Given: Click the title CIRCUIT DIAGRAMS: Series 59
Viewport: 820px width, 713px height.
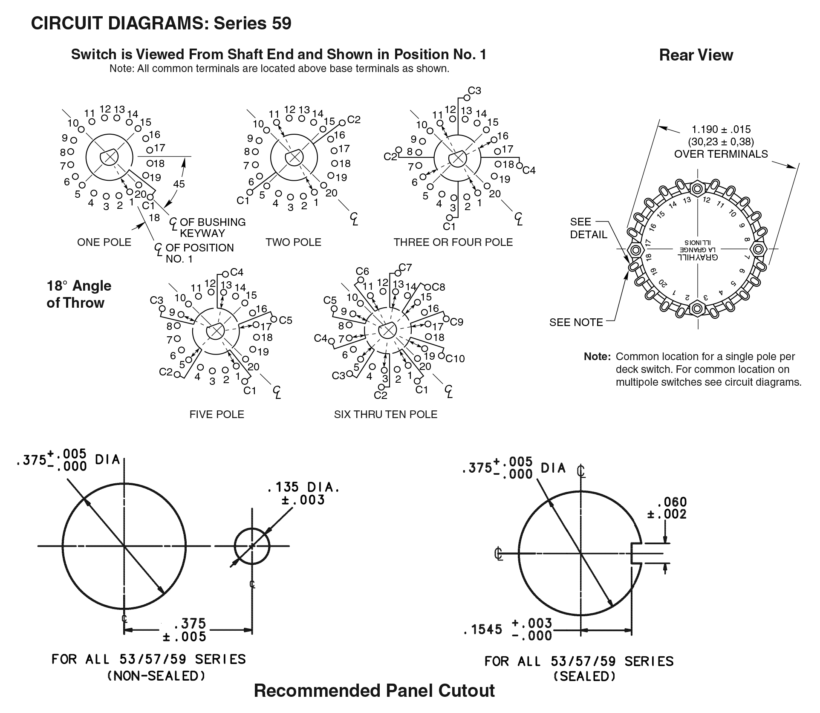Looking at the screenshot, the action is [x=161, y=23].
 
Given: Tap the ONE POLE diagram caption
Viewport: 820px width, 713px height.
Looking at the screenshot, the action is [x=104, y=242].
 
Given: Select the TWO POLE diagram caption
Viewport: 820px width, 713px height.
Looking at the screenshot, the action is [x=293, y=242].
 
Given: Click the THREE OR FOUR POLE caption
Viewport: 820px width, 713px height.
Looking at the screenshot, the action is [x=453, y=242].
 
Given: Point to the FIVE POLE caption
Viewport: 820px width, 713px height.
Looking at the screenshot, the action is [x=217, y=414].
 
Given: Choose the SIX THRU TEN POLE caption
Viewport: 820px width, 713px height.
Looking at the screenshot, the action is [x=386, y=414].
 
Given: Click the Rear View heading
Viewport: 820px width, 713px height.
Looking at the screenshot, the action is [x=696, y=55].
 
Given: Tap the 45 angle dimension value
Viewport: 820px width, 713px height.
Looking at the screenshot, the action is [x=179, y=184].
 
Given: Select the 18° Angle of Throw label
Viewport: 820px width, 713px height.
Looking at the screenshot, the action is [x=79, y=294].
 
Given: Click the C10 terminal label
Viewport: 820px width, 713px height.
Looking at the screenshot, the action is [x=455, y=358].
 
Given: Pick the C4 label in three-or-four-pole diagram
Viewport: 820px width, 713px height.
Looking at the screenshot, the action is [x=529, y=170].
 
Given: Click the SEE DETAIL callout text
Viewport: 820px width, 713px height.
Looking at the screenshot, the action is [x=588, y=228].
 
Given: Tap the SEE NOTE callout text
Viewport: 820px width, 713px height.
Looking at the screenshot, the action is [x=576, y=322].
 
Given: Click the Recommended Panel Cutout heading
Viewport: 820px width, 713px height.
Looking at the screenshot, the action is [x=374, y=690].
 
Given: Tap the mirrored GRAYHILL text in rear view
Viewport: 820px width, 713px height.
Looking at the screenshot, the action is [x=697, y=257].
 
